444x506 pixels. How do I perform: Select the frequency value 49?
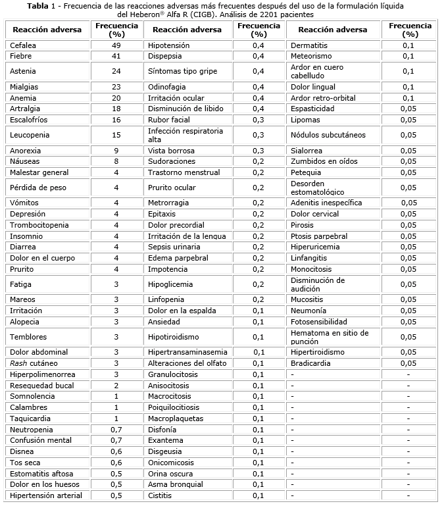pos(116,45)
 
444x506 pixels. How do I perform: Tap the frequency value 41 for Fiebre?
pos(116,56)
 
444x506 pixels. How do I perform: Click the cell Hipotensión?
pos(168,45)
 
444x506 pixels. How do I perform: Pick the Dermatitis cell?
pos(309,45)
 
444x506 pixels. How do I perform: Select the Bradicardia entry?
pos(312,363)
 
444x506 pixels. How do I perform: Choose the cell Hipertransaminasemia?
pos(187,352)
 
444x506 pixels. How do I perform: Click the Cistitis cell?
pos(160,495)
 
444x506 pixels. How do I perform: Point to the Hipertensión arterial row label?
pos(46,495)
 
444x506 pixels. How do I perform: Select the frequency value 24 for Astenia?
pos(116,71)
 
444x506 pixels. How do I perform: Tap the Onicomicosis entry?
pos(172,463)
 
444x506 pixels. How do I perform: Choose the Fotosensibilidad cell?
pos(319,322)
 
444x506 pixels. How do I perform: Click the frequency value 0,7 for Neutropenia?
pos(116,429)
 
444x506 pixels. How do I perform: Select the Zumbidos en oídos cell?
pos(324,161)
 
